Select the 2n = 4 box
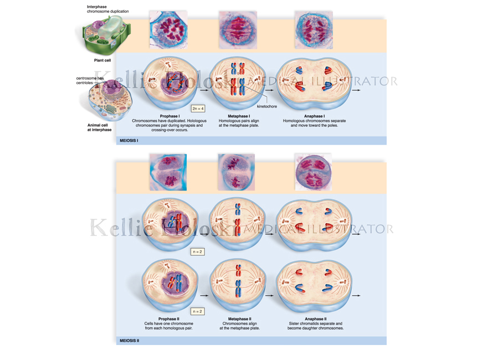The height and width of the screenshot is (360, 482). click(x=198, y=109)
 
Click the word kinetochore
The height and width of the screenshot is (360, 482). click(x=267, y=106)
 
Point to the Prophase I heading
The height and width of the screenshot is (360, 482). click(x=170, y=116)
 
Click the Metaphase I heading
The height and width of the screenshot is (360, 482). click(x=239, y=116)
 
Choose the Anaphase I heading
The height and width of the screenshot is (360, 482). click(x=315, y=116)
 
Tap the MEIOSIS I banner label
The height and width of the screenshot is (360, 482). click(x=129, y=141)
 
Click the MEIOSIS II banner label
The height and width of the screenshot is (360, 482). click(x=130, y=341)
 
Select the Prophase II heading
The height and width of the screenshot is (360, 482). click(x=169, y=319)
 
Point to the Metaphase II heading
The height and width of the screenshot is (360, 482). click(x=239, y=319)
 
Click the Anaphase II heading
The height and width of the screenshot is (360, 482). click(x=316, y=319)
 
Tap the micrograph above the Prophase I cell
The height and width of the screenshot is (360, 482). click(x=168, y=30)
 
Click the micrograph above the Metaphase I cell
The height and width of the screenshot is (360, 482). click(x=238, y=30)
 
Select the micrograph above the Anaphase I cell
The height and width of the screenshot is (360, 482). click(x=314, y=30)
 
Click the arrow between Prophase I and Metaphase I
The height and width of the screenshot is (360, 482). click(x=204, y=90)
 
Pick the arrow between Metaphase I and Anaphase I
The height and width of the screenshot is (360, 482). click(x=270, y=90)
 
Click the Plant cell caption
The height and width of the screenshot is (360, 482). click(x=102, y=60)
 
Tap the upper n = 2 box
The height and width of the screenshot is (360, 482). click(x=197, y=252)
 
